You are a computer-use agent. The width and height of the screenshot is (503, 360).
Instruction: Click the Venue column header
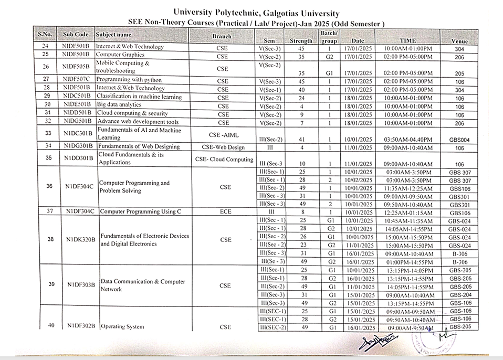[x=459, y=41]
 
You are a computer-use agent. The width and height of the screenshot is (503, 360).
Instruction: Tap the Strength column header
[x=301, y=41]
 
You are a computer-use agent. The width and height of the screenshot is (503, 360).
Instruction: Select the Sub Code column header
[x=76, y=35]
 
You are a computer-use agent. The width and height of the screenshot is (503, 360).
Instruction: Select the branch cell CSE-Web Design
[x=223, y=147]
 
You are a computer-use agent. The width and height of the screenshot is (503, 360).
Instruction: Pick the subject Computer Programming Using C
[x=140, y=211]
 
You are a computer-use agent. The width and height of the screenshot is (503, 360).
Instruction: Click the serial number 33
[x=48, y=134]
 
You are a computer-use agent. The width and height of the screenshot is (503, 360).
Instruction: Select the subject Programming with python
[x=129, y=80]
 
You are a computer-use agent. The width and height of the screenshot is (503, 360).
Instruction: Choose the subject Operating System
[x=122, y=327]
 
